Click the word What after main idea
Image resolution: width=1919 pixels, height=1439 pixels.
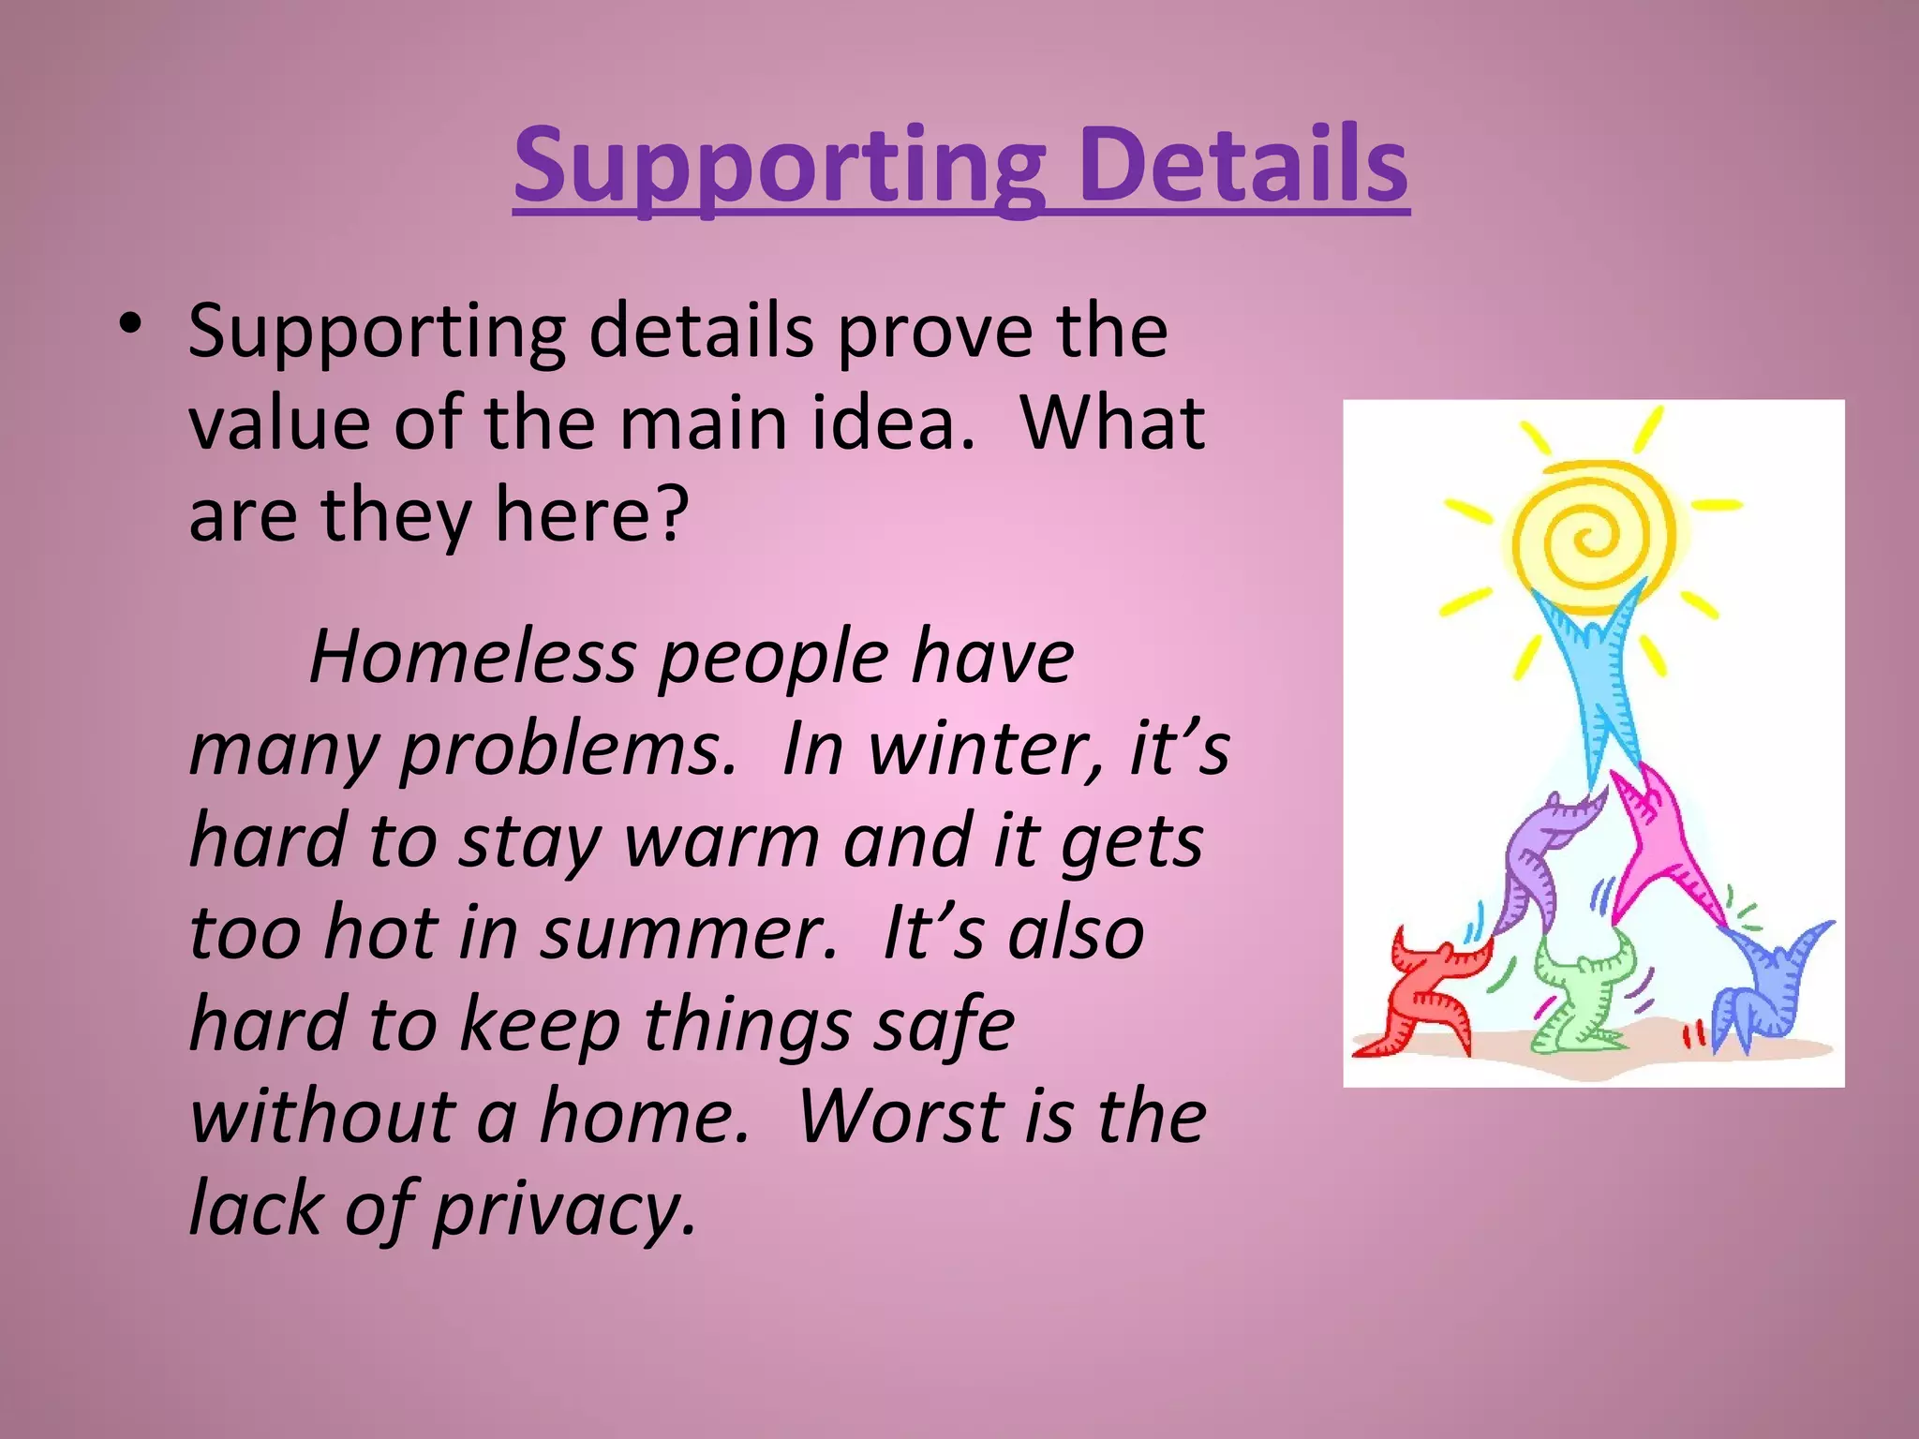click(x=1112, y=423)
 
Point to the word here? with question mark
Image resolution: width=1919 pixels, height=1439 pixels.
click(x=591, y=515)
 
